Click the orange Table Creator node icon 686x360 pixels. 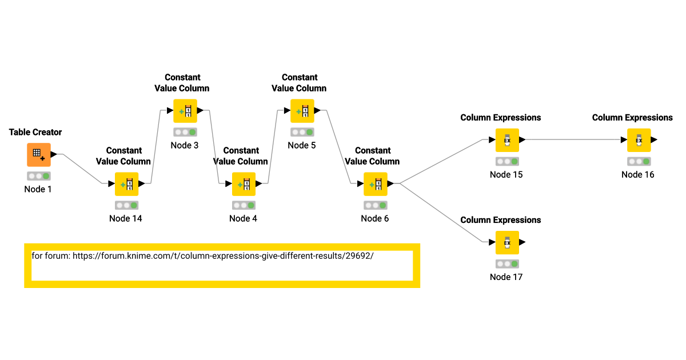click(39, 154)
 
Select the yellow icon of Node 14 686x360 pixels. click(127, 184)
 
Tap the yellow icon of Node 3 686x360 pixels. click(185, 111)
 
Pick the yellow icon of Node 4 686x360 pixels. click(244, 184)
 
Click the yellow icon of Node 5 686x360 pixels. click(302, 111)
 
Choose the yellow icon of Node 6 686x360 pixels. click(376, 184)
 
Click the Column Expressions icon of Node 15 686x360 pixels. click(507, 140)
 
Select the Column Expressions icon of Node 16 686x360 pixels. click(639, 140)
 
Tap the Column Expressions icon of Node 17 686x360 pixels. click(507, 242)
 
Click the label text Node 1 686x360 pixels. click(38, 189)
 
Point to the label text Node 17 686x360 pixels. click(506, 277)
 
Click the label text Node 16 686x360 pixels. click(637, 175)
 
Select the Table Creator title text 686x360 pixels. click(35, 132)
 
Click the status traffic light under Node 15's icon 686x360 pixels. click(507, 162)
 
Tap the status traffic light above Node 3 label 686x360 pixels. click(185, 132)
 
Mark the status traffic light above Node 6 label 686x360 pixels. click(376, 205)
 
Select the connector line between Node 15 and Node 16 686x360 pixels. click(572, 139)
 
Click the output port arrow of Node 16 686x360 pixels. click(654, 139)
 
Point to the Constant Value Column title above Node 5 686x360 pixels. click(299, 83)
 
